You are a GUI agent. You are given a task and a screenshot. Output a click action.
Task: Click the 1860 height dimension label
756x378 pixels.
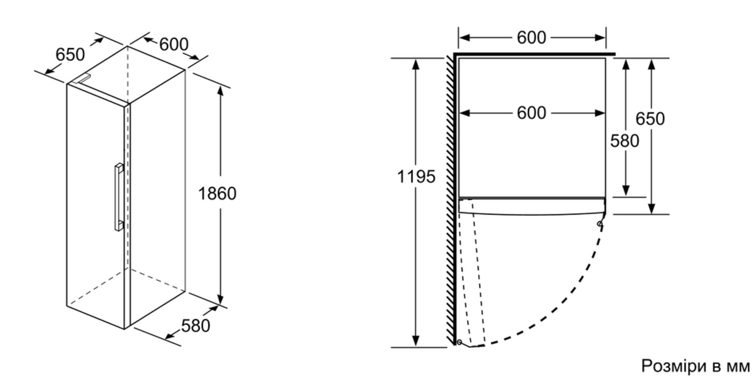tap(217, 194)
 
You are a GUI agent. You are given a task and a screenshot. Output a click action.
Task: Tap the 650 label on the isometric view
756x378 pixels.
tap(70, 54)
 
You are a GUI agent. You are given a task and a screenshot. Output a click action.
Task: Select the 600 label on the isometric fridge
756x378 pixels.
tap(174, 45)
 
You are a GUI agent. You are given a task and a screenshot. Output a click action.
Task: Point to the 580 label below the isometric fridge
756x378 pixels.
tap(195, 326)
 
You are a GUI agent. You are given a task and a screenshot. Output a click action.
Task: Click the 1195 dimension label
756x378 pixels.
tap(416, 177)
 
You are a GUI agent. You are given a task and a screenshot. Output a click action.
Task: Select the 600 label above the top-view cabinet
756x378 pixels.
tap(531, 37)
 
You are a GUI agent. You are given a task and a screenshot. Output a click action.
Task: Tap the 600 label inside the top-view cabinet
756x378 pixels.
tap(531, 113)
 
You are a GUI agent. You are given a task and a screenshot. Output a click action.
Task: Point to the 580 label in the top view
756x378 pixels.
tap(624, 141)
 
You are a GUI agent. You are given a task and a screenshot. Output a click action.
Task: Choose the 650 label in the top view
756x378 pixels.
tap(650, 119)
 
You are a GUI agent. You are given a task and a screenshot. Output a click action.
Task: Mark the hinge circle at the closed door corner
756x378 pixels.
tap(600, 224)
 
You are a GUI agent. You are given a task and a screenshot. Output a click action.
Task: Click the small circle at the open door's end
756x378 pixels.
tap(459, 342)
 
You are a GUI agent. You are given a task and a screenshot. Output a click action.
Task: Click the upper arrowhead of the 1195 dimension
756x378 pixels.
tap(416, 64)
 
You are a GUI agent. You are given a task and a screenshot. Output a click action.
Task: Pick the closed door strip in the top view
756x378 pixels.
tap(532, 206)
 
